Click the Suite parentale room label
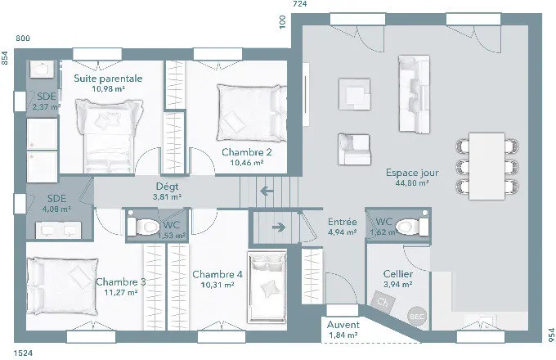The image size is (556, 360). pyautogui.click(x=108, y=79)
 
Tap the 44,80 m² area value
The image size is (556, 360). pyautogui.click(x=412, y=183)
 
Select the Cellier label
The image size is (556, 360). pyautogui.click(x=398, y=274)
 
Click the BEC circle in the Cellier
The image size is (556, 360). pyautogui.click(x=417, y=317)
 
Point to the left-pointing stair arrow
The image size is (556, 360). pyautogui.click(x=267, y=191)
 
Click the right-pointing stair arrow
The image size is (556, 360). pyautogui.click(x=279, y=227)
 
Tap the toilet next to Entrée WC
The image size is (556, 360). pyautogui.click(x=411, y=226)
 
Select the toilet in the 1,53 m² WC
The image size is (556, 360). pyautogui.click(x=143, y=226)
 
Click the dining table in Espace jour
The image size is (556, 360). pyautogui.click(x=486, y=166)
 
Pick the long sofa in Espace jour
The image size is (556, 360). pyautogui.click(x=415, y=94)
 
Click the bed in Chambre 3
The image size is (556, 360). pyautogui.click(x=62, y=286)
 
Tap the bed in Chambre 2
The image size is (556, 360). pyautogui.click(x=251, y=113)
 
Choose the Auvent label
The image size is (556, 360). pyautogui.click(x=343, y=325)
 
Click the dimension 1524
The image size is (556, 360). pyautogui.click(x=23, y=353)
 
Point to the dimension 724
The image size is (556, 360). pyautogui.click(x=299, y=4)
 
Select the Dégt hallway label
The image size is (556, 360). pyautogui.click(x=167, y=187)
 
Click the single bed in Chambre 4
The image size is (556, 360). pyautogui.click(x=267, y=287)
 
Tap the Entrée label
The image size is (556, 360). pyautogui.click(x=342, y=222)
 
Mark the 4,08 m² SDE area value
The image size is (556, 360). pyautogui.click(x=56, y=209)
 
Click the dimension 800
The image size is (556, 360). pyautogui.click(x=23, y=38)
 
